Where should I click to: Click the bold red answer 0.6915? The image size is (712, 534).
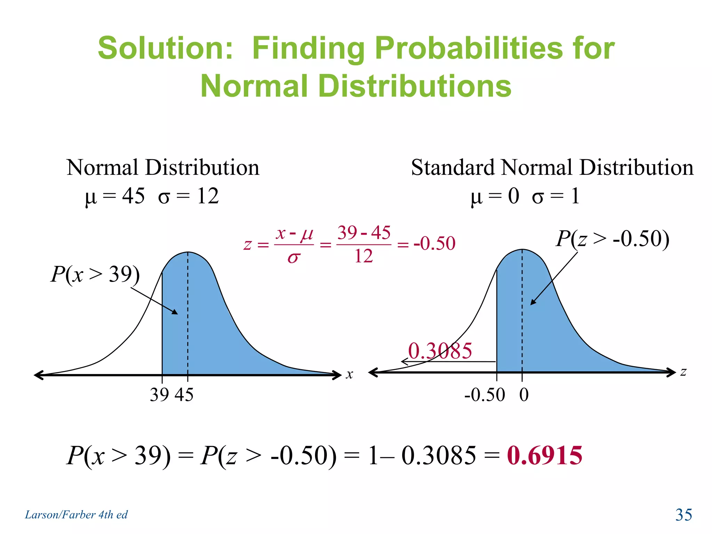click(544, 455)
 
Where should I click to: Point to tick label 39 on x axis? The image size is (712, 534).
click(160, 395)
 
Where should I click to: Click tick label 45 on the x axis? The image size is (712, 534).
click(184, 395)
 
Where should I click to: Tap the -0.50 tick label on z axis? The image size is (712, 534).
click(485, 395)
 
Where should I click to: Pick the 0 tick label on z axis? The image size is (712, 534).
click(524, 395)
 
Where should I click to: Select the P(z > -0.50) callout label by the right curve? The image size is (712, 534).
click(612, 239)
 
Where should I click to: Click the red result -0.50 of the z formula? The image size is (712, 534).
click(435, 243)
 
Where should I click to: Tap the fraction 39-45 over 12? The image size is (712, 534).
click(364, 244)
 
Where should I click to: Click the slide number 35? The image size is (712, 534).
click(683, 515)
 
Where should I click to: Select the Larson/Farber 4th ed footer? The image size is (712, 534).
click(76, 515)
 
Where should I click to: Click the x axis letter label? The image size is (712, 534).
click(349, 374)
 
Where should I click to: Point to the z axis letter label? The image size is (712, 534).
click(683, 372)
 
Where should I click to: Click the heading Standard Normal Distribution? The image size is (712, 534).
click(552, 168)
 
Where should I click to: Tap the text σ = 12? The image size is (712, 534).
click(188, 196)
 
